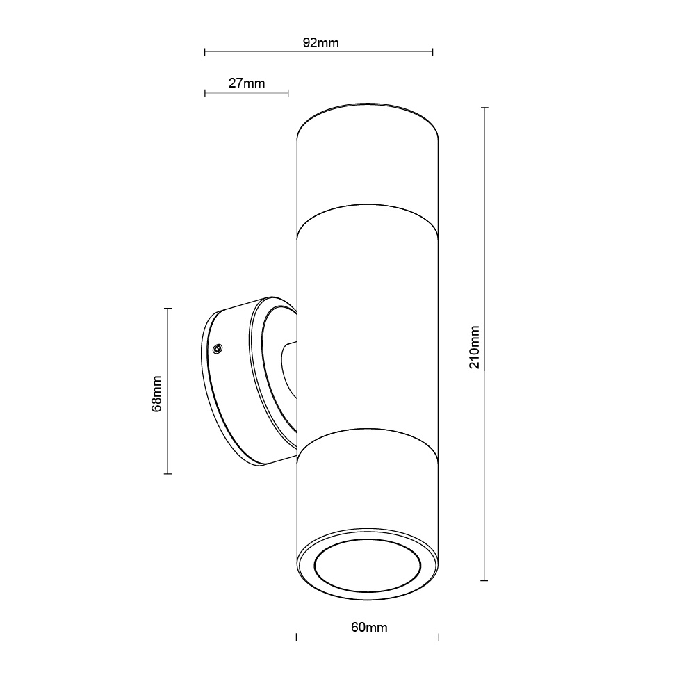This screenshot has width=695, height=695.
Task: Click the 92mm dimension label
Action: pyautogui.click(x=320, y=42)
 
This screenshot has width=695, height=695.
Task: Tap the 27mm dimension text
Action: pyautogui.click(x=247, y=83)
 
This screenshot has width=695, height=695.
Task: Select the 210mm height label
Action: pyautogui.click(x=475, y=346)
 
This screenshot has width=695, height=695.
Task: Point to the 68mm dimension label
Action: pyautogui.click(x=157, y=393)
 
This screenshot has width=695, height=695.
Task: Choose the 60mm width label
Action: pyautogui.click(x=368, y=628)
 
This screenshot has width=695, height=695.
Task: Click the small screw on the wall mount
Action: pyautogui.click(x=218, y=348)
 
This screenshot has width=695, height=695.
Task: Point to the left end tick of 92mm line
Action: pyautogui.click(x=205, y=51)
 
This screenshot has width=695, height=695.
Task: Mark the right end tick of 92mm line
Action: pyautogui.click(x=433, y=51)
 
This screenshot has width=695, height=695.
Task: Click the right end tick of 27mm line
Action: pyautogui.click(x=288, y=92)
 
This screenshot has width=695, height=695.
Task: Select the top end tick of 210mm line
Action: pyautogui.click(x=484, y=108)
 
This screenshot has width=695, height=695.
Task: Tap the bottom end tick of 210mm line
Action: pyautogui.click(x=484, y=580)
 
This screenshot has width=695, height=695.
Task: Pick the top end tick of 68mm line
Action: pyautogui.click(x=167, y=308)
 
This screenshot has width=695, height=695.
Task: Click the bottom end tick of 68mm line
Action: pyautogui.click(x=167, y=474)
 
